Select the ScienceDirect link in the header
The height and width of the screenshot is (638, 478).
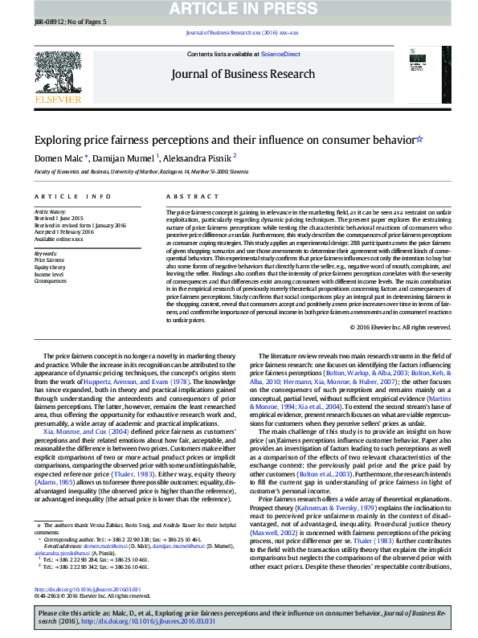[281, 54]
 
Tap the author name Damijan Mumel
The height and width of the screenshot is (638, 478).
[126, 158]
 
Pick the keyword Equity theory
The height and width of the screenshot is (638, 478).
[51, 268]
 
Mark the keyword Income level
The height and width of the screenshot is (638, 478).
[50, 274]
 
